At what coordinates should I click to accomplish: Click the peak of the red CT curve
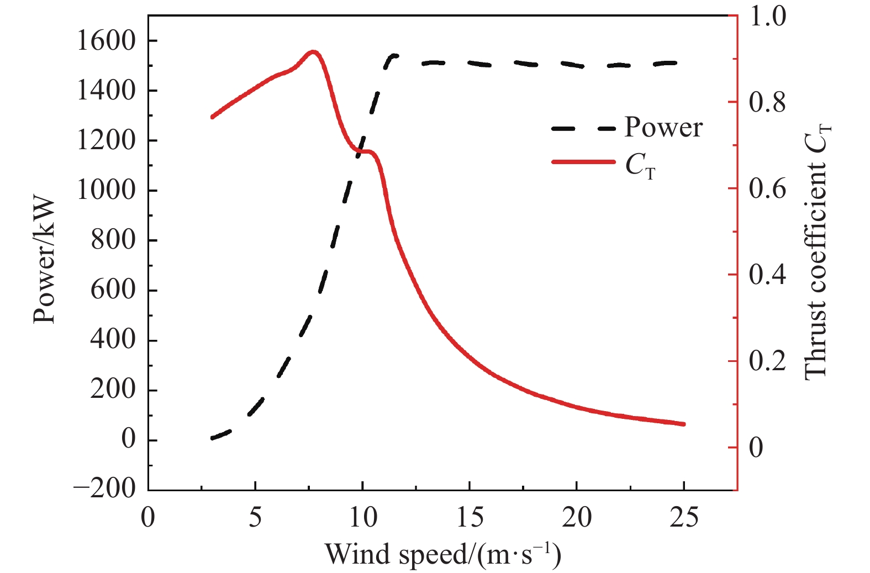(x=313, y=52)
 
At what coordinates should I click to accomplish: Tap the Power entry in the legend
(x=663, y=128)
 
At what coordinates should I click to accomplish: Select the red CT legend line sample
(x=583, y=162)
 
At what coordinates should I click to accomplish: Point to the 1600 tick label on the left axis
(x=106, y=41)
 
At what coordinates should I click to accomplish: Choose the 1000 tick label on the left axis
(x=106, y=191)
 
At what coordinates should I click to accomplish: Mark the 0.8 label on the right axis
(x=767, y=103)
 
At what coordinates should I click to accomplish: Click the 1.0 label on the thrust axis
(x=767, y=17)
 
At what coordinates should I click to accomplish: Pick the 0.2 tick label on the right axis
(x=767, y=361)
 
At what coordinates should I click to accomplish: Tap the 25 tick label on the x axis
(x=684, y=518)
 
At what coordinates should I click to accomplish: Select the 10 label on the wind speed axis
(x=362, y=518)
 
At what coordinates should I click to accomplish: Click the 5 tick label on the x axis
(x=255, y=518)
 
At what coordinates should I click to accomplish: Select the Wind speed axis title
(x=442, y=554)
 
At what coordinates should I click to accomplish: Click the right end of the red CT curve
(x=684, y=424)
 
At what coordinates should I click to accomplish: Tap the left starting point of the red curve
(x=212, y=117)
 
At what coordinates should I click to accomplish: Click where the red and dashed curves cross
(x=361, y=150)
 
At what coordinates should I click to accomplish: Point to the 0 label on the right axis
(x=756, y=448)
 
